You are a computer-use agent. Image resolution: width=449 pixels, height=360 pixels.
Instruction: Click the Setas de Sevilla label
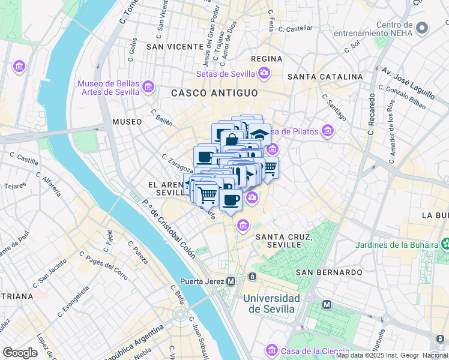(x=226, y=74)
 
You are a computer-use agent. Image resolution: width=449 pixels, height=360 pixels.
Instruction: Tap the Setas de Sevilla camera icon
(x=264, y=74)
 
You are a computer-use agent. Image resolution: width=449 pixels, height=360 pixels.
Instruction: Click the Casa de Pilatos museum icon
(x=327, y=130)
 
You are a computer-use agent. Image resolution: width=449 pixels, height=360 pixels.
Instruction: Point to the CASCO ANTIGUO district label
(x=214, y=93)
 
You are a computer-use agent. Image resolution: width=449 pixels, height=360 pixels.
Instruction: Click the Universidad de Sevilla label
(x=272, y=304)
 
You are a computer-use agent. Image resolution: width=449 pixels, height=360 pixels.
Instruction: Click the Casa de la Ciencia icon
(x=272, y=350)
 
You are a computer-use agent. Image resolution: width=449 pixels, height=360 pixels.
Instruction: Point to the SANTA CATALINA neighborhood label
(x=325, y=77)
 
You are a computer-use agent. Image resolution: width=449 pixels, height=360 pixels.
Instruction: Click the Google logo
(x=20, y=352)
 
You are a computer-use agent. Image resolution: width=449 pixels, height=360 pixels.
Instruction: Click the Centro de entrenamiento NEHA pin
(x=423, y=28)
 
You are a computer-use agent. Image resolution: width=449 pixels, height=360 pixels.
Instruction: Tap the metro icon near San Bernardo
(x=327, y=304)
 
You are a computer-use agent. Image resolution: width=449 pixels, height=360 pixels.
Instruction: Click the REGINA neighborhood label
(x=267, y=58)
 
